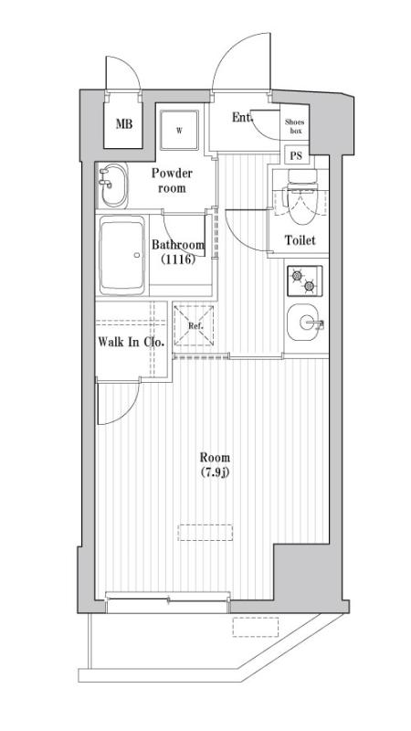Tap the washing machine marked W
(x=179, y=131)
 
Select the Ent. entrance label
(x=241, y=118)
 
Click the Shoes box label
(x=294, y=127)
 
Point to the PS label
(x=295, y=155)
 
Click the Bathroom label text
(x=177, y=245)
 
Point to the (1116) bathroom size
(x=177, y=260)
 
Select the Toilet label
(x=300, y=240)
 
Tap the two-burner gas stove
(x=302, y=281)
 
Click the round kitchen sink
(x=302, y=323)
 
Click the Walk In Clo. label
(x=130, y=343)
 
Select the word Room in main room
(x=215, y=457)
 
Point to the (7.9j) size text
(x=215, y=472)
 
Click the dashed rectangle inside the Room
(x=205, y=532)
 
